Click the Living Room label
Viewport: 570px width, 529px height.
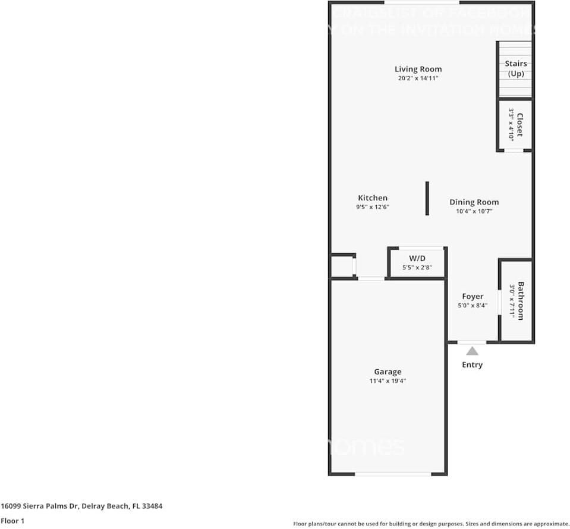(418, 69)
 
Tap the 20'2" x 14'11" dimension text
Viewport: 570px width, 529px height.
(418, 78)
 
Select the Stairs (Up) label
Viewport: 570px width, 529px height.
(515, 68)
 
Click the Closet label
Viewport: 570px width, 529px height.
(519, 125)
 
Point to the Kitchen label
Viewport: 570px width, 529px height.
(373, 198)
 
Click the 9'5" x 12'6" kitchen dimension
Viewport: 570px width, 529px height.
(373, 207)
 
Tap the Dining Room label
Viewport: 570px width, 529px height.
(474, 202)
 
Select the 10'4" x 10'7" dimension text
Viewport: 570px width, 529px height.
(474, 211)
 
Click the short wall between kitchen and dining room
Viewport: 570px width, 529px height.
(427, 199)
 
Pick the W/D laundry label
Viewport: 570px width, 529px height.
(417, 258)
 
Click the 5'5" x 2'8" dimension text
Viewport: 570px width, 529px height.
(417, 267)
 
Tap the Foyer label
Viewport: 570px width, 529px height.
(473, 296)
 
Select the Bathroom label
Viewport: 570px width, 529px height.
(521, 301)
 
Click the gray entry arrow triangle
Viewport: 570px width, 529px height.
(472, 351)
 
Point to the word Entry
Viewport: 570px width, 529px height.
(472, 364)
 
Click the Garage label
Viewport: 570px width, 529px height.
(388, 371)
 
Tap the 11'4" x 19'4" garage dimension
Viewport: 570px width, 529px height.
(388, 381)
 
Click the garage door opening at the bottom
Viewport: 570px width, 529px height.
(393, 474)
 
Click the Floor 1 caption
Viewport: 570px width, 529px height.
(12, 521)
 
